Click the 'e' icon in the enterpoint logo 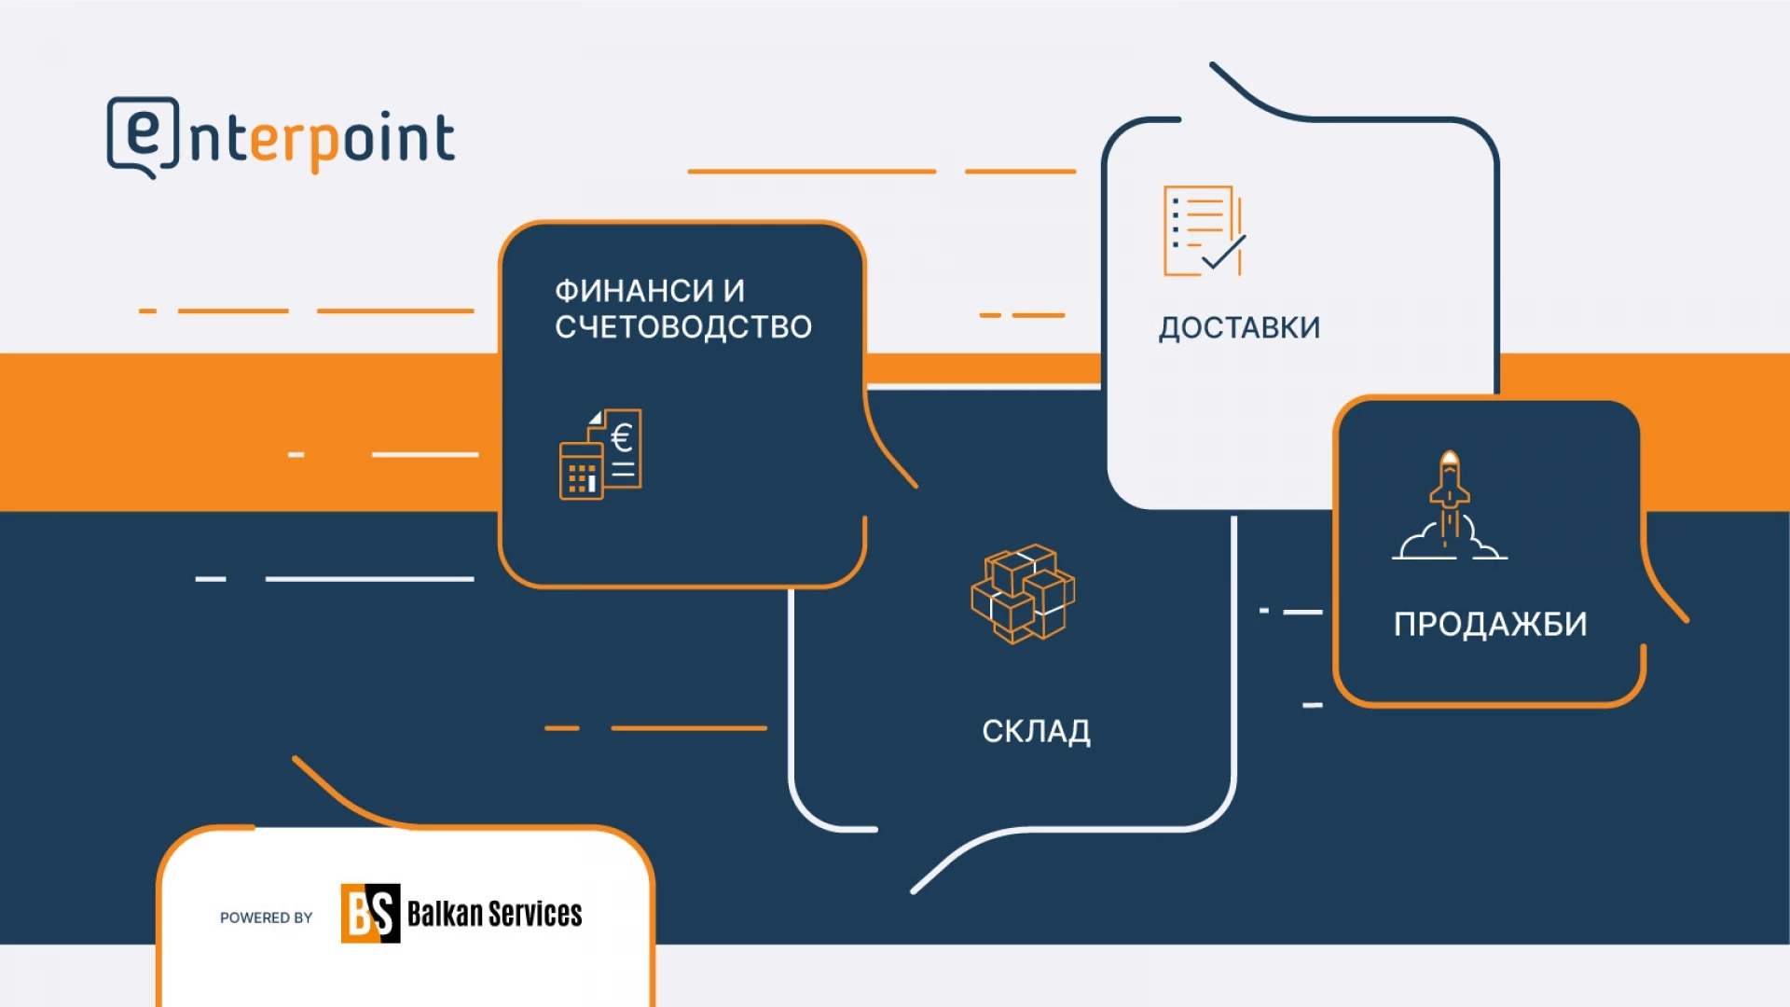[143, 137]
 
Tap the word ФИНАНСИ [634, 291]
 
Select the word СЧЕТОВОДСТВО [683, 327]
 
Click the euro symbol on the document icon [622, 436]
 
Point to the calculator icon [581, 471]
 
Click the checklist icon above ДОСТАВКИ [1204, 231]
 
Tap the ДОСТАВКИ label [1239, 328]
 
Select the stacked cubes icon [1023, 594]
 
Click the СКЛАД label [1036, 731]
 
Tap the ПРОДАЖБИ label [1490, 624]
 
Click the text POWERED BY [267, 917]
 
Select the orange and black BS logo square [370, 913]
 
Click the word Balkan [445, 913]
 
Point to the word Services [535, 913]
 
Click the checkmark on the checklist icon [1224, 253]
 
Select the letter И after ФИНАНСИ [734, 291]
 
